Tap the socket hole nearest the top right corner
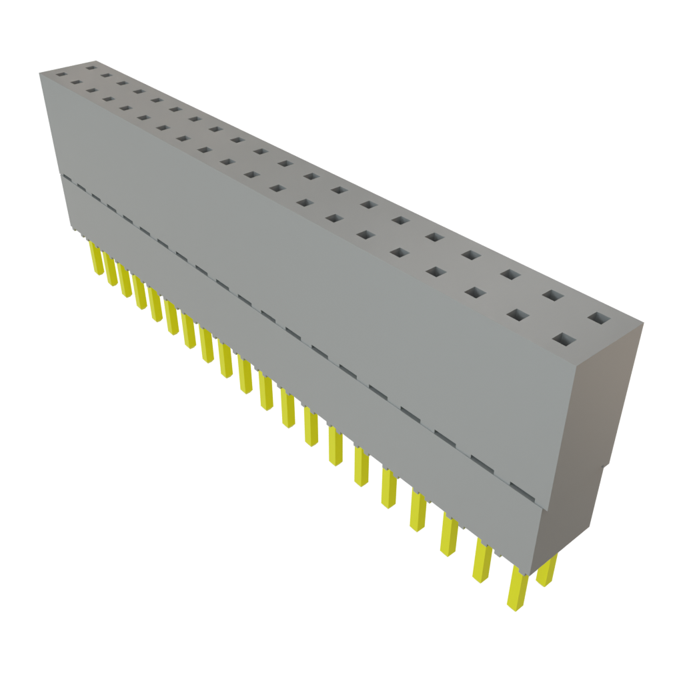tap(598, 317)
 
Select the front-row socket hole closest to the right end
tap(564, 341)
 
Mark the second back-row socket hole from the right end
tap(551, 294)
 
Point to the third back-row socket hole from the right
tap(510, 273)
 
